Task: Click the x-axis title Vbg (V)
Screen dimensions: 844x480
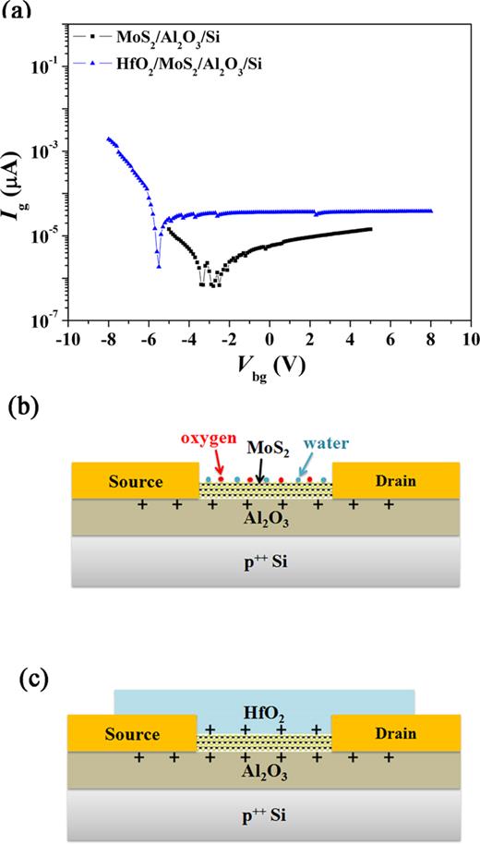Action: (x=270, y=366)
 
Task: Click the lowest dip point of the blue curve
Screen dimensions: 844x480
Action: (x=160, y=267)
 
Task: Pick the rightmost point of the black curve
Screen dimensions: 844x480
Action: (x=371, y=229)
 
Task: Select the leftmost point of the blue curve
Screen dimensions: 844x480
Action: (x=109, y=139)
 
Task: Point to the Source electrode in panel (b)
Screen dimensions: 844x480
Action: (x=134, y=482)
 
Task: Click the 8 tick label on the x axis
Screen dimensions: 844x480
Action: (x=431, y=340)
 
